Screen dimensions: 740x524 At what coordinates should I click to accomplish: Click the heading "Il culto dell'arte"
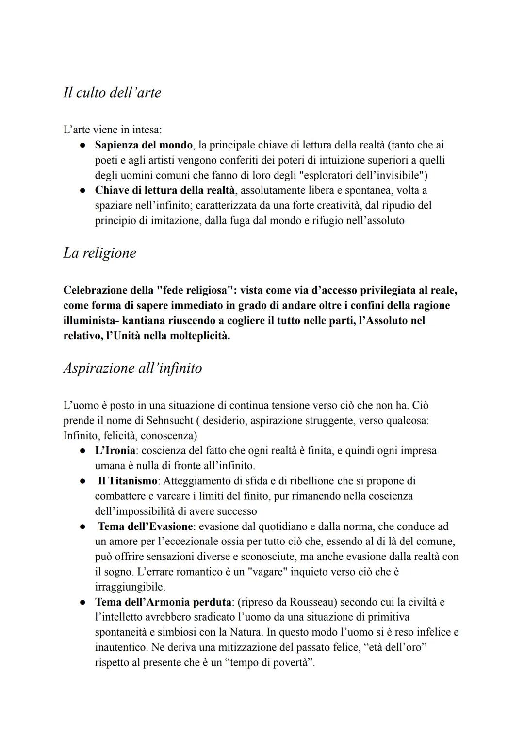point(112,92)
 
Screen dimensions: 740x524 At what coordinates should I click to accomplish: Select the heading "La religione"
point(99,253)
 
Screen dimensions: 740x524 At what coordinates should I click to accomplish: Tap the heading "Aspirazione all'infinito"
point(132,368)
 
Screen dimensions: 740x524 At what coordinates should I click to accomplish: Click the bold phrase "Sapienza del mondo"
point(143,145)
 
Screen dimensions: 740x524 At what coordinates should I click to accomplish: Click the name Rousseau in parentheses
point(312,602)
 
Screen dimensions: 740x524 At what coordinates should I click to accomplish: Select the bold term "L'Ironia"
point(115,451)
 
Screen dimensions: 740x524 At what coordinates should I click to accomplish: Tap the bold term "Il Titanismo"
point(127,481)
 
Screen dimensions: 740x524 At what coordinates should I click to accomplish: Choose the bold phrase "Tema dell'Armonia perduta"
point(163,602)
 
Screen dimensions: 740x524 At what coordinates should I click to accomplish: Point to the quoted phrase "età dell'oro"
point(394,648)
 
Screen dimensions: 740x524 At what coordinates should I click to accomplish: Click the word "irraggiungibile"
point(130,587)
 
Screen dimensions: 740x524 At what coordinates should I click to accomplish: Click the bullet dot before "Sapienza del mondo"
point(83,145)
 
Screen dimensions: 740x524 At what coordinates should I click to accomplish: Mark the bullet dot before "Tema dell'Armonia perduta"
point(83,602)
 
